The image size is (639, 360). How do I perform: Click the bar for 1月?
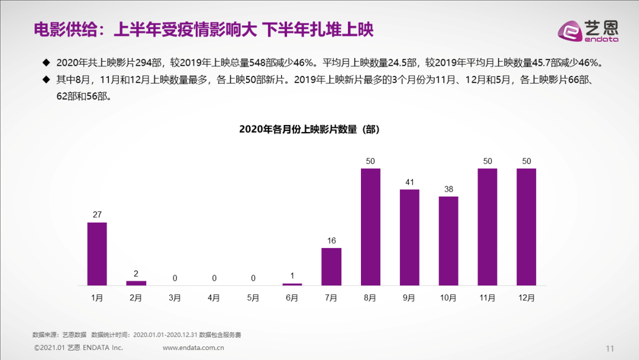point(97,254)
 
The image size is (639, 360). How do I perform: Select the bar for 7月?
point(331,266)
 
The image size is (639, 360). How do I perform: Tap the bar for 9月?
point(409,237)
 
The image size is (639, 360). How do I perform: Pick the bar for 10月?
point(448,241)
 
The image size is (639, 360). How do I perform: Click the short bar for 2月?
point(136,283)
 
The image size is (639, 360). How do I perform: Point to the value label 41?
point(409,182)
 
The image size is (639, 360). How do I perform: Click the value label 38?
point(448,189)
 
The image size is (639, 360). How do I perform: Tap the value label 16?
point(331,241)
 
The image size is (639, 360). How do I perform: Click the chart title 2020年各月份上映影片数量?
point(309,129)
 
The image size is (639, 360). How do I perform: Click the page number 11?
point(611,348)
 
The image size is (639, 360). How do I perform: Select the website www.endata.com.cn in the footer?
point(193,348)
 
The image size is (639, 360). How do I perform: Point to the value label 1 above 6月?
point(292,276)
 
